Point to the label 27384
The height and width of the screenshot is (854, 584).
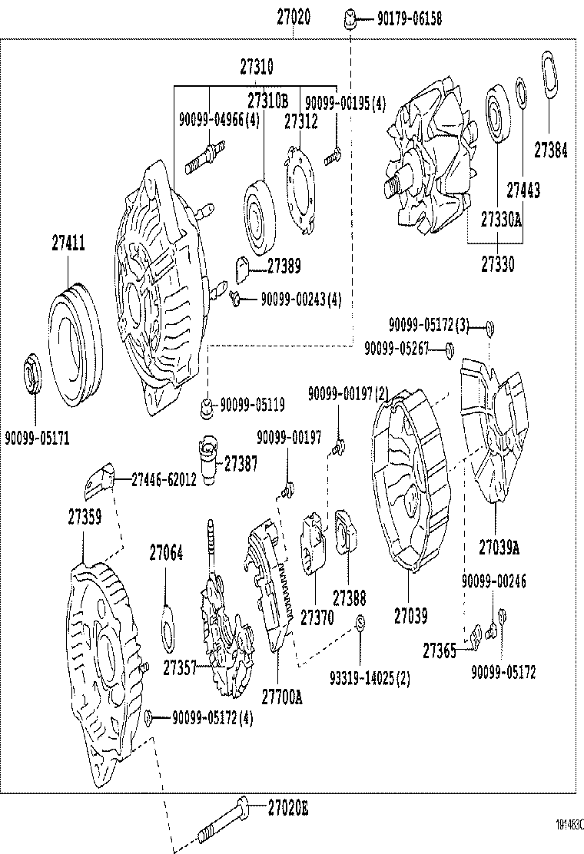coord(550,151)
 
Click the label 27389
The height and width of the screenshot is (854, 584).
coord(284,266)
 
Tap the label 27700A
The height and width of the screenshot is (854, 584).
coord(282,697)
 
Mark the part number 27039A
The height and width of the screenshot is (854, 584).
coord(499,547)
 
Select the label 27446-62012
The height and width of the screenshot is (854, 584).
coord(163,479)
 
